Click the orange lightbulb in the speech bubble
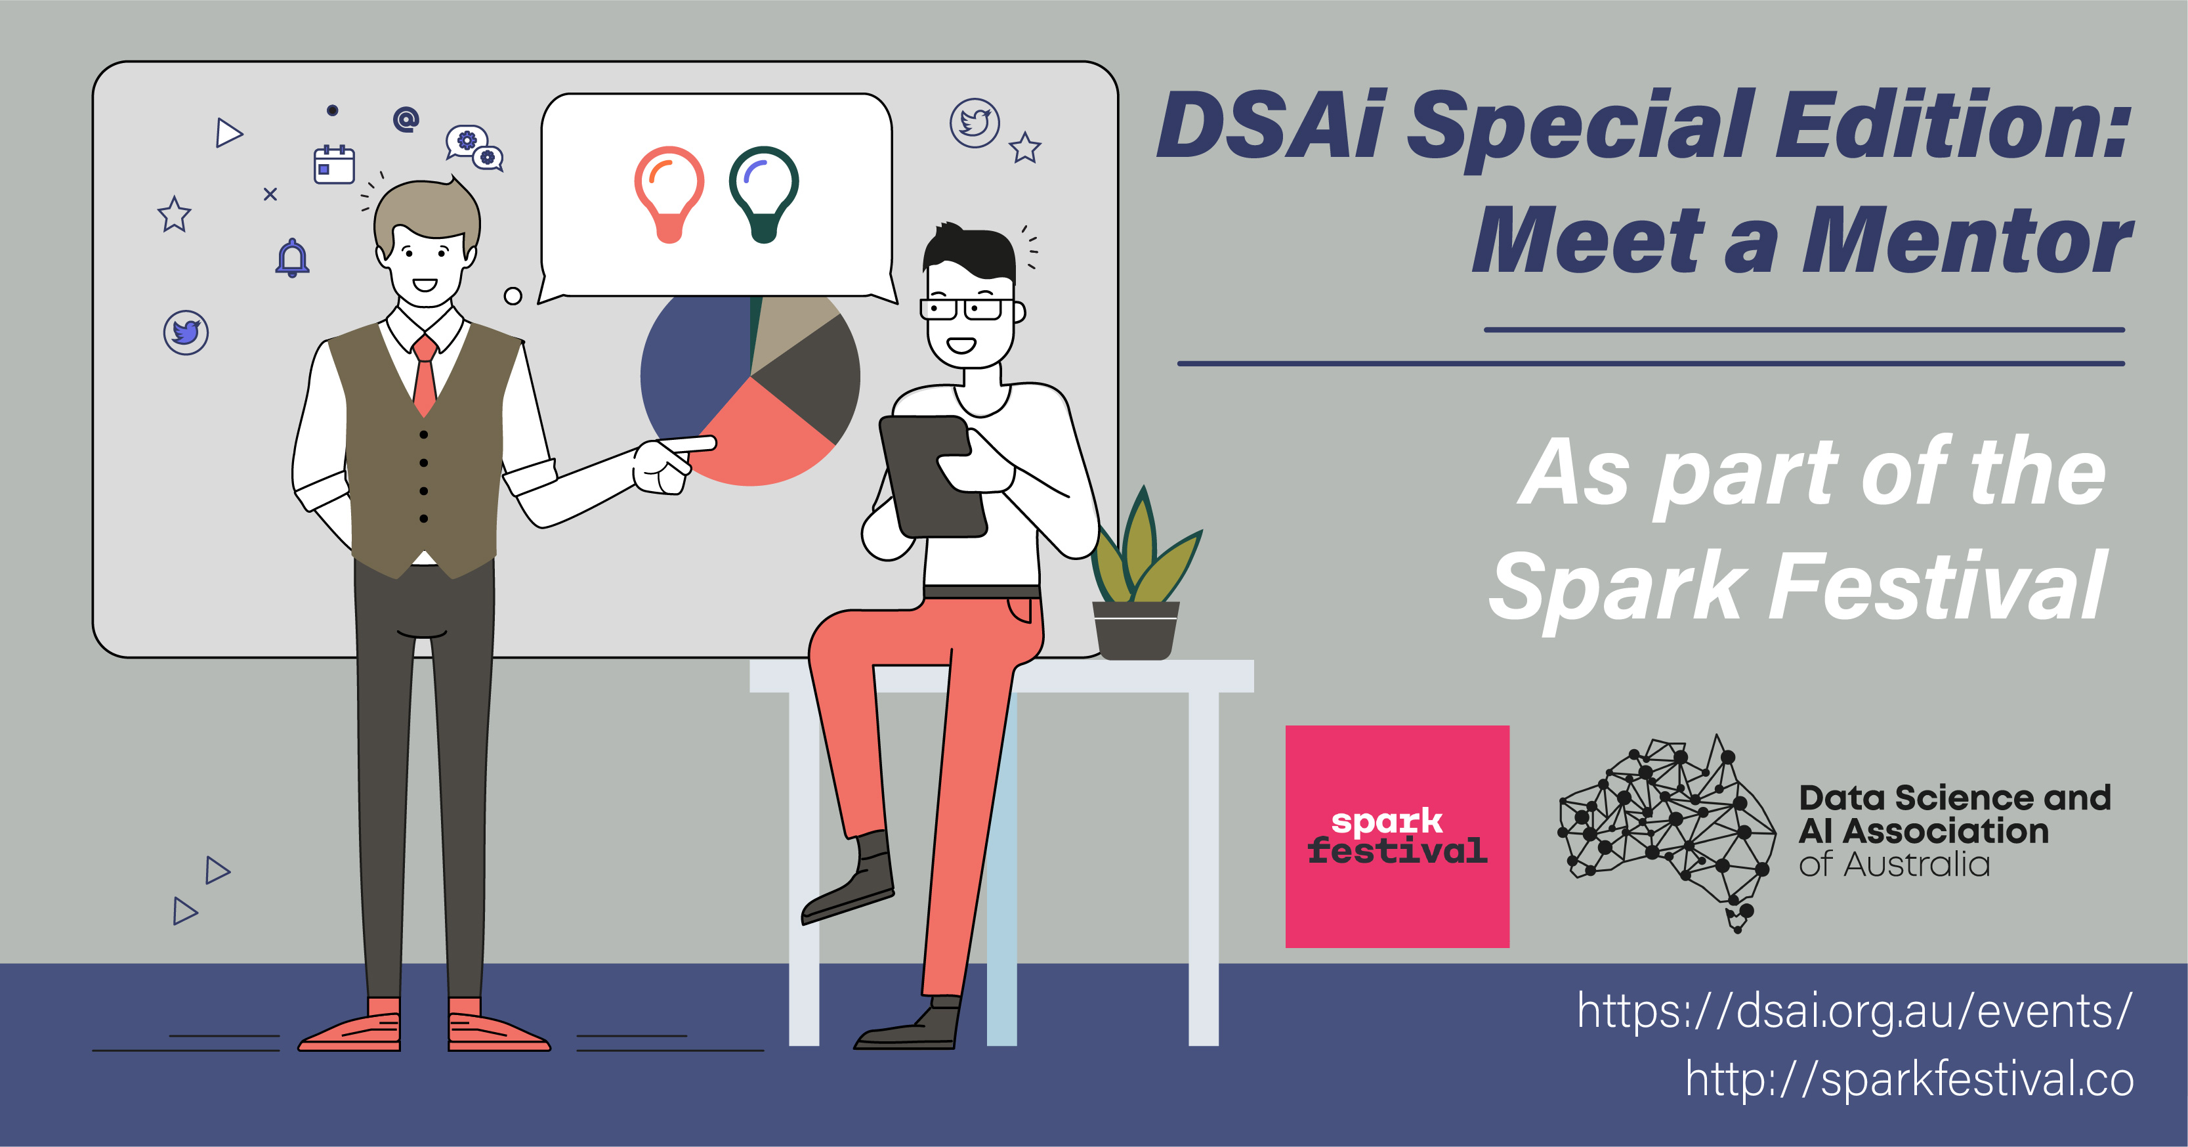click(x=669, y=194)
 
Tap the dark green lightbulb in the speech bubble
click(x=764, y=194)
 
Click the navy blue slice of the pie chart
click(x=692, y=365)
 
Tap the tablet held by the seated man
click(x=932, y=476)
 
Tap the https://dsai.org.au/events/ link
click(x=1854, y=1011)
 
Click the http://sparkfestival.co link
click(x=1909, y=1079)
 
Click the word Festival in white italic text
click(x=1937, y=586)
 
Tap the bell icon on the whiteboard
click(x=292, y=257)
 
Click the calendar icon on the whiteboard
click(x=334, y=164)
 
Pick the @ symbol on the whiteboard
click(x=406, y=119)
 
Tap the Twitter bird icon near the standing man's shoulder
click(x=186, y=332)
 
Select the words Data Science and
click(x=1954, y=798)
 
